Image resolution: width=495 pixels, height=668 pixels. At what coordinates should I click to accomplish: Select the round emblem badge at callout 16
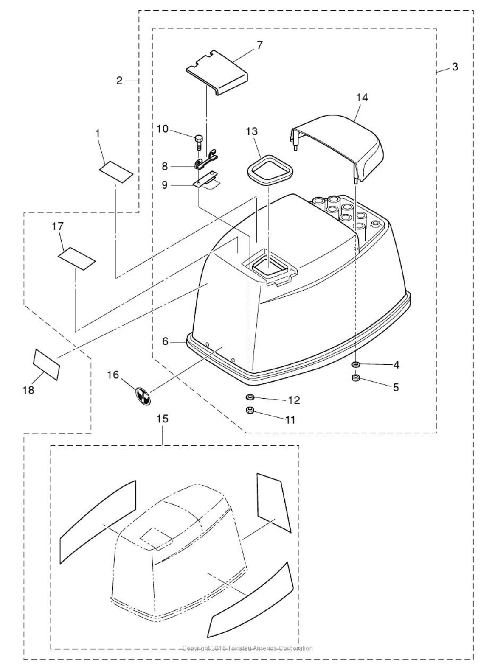142,395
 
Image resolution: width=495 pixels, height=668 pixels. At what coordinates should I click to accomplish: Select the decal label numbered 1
116,171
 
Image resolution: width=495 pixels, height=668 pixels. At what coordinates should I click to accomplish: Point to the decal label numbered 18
46,363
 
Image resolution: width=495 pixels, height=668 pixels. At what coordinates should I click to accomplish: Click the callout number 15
163,419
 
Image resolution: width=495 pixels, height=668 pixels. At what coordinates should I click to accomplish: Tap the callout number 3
455,67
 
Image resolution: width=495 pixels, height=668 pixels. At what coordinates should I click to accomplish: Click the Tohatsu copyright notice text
248,648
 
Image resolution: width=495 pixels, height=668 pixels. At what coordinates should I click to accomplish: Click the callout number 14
362,98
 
